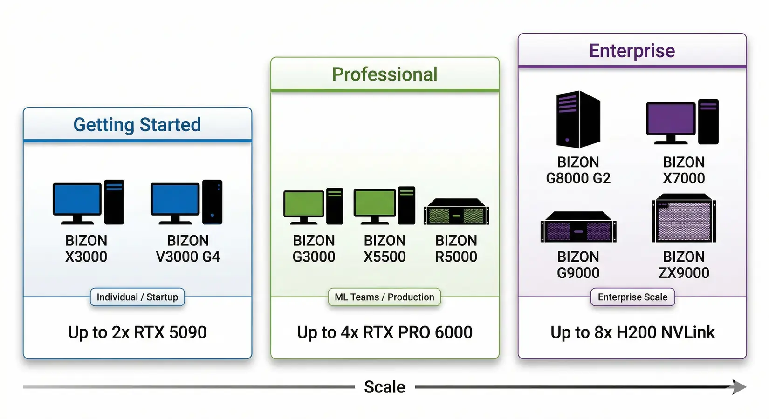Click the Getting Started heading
click(x=137, y=125)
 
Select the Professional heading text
click(x=384, y=74)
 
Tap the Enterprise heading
click(x=632, y=51)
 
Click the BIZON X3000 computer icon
click(x=88, y=202)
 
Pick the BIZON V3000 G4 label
click(x=187, y=249)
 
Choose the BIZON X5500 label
click(x=384, y=249)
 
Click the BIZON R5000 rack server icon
click(x=456, y=212)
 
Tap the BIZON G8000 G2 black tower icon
click(x=578, y=119)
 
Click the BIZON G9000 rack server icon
click(x=578, y=227)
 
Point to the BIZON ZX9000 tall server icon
click(x=684, y=218)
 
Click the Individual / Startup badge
click(x=137, y=297)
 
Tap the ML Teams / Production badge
click(x=384, y=297)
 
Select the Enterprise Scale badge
click(x=632, y=297)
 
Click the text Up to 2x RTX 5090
click(x=137, y=332)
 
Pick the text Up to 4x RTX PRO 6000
click(x=384, y=332)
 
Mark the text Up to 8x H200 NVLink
click(x=632, y=332)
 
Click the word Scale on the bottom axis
click(x=384, y=387)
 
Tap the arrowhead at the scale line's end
click(x=739, y=387)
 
